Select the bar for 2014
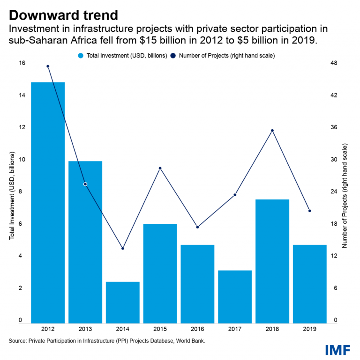pos(123,302)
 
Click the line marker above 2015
pos(160,168)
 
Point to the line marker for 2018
pos(272,131)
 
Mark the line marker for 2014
pos(123,248)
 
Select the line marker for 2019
pos(310,211)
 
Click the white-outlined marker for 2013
pos(85,184)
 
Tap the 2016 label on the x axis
pos(197,329)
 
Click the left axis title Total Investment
pos(12,196)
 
